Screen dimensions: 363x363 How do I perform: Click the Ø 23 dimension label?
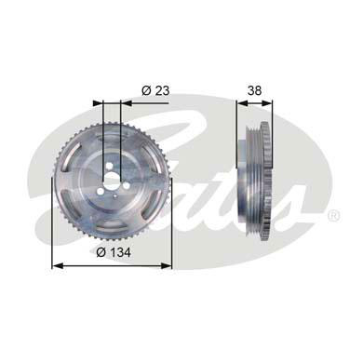tap(155, 90)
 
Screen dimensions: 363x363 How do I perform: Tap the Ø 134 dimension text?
tap(114, 252)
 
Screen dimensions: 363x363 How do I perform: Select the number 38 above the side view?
tap(254, 90)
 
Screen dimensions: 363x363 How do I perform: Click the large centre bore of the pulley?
tap(111, 180)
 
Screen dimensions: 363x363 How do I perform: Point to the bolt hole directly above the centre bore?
tap(110, 168)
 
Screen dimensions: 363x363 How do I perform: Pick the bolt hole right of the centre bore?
tap(126, 185)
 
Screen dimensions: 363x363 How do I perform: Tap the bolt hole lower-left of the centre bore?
tap(100, 192)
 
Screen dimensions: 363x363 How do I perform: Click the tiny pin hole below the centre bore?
tap(114, 195)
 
